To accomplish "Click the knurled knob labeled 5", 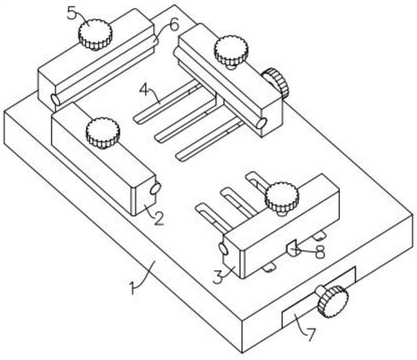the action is (x=95, y=34).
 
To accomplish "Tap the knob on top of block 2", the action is (x=103, y=133).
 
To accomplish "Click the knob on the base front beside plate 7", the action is (x=333, y=301).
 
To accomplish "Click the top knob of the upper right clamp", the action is (x=231, y=51).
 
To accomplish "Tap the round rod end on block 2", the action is (x=155, y=189).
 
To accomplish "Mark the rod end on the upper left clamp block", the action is (x=55, y=99).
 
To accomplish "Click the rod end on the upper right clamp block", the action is (x=262, y=123).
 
